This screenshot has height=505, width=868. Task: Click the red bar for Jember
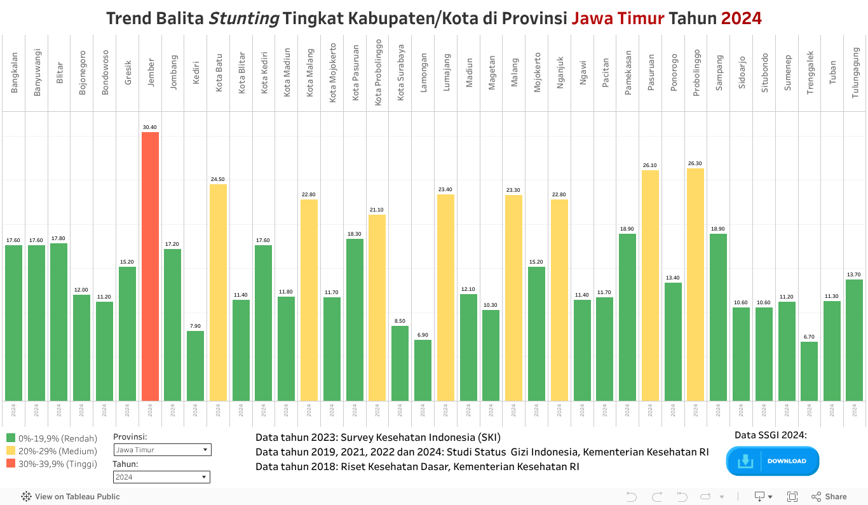coord(150,267)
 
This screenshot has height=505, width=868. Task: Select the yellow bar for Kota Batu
coord(218,292)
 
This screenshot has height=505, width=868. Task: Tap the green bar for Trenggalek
coord(809,372)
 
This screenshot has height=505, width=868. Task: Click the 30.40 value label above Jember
coord(150,128)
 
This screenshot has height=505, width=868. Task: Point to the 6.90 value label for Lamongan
coord(423,335)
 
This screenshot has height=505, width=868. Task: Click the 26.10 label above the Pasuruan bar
coord(650,166)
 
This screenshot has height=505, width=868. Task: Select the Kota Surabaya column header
coord(400,72)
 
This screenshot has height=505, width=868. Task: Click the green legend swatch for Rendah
coord(11,438)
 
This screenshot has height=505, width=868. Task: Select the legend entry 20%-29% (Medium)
coord(57,451)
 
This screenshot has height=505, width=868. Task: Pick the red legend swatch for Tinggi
coord(11,464)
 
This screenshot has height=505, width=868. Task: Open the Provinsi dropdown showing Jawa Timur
coord(162,450)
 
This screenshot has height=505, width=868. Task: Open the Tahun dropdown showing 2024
coord(161,477)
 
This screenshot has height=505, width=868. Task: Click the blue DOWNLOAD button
coord(773,461)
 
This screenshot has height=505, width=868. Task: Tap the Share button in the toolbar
coord(829,497)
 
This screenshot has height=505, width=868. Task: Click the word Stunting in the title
coord(244,18)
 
